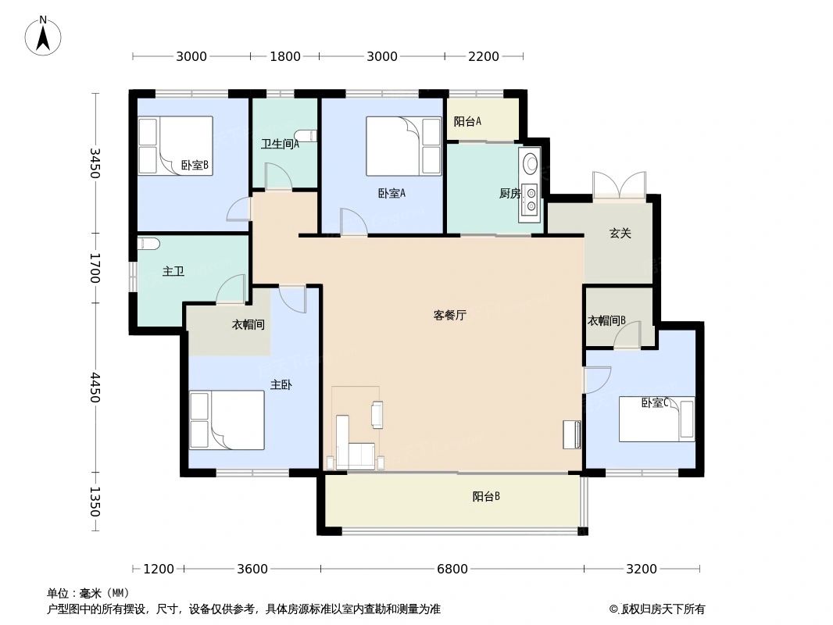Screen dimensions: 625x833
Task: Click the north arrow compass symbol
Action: [x=44, y=36]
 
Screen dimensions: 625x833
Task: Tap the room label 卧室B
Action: [x=194, y=165]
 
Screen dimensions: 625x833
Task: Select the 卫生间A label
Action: [x=280, y=144]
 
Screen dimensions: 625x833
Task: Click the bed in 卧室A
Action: [x=404, y=146]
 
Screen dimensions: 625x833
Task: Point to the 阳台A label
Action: [x=467, y=121]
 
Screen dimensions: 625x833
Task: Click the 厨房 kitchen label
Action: [x=509, y=193]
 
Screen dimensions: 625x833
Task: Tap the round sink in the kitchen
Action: [x=531, y=163]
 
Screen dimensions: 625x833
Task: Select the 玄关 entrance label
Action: [x=620, y=233]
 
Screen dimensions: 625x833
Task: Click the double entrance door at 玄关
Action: [x=618, y=186]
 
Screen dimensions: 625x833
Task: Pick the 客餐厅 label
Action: [x=450, y=316]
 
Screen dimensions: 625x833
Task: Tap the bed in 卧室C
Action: [x=656, y=419]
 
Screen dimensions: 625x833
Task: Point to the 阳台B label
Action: [x=486, y=496]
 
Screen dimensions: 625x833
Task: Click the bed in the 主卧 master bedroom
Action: [x=227, y=420]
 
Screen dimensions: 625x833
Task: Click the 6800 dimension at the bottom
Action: [x=452, y=569]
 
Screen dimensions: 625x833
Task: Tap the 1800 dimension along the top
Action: [x=285, y=56]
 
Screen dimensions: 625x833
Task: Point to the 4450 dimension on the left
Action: [x=95, y=387]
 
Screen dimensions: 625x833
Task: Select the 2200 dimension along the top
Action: [x=484, y=56]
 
